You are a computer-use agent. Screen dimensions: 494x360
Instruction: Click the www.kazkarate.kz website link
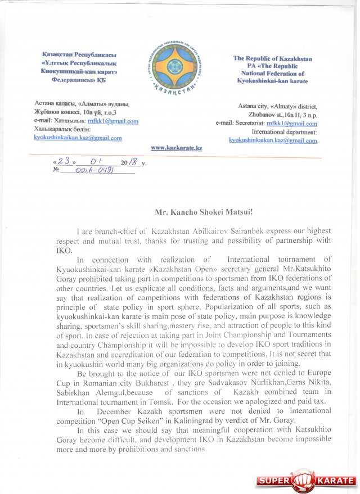coord(177,147)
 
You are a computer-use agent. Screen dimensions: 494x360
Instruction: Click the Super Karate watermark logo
coord(306,481)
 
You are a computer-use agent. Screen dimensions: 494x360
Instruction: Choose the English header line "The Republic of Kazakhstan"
coord(272,58)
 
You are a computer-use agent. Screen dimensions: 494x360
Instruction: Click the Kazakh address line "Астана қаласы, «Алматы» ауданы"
coord(82,104)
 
